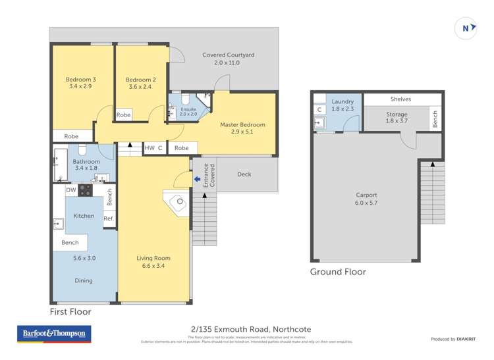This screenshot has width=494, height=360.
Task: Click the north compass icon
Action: tap(466, 28)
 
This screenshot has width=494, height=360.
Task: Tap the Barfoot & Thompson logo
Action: tap(55, 334)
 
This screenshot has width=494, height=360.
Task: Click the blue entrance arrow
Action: tap(196, 178)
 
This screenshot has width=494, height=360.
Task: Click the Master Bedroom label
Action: tap(242, 124)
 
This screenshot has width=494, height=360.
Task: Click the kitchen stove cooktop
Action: tap(86, 190)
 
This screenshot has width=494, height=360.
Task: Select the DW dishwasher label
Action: tap(70, 190)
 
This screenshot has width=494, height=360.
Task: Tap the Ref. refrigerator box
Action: tap(109, 219)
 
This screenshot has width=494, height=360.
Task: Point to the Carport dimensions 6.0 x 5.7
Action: tap(366, 204)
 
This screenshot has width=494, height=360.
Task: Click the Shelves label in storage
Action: tap(400, 99)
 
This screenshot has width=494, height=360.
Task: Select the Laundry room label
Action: tap(343, 101)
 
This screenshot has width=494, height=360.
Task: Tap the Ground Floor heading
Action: tap(338, 272)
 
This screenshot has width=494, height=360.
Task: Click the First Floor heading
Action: tap(70, 311)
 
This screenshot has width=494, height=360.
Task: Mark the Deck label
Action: tap(244, 174)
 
